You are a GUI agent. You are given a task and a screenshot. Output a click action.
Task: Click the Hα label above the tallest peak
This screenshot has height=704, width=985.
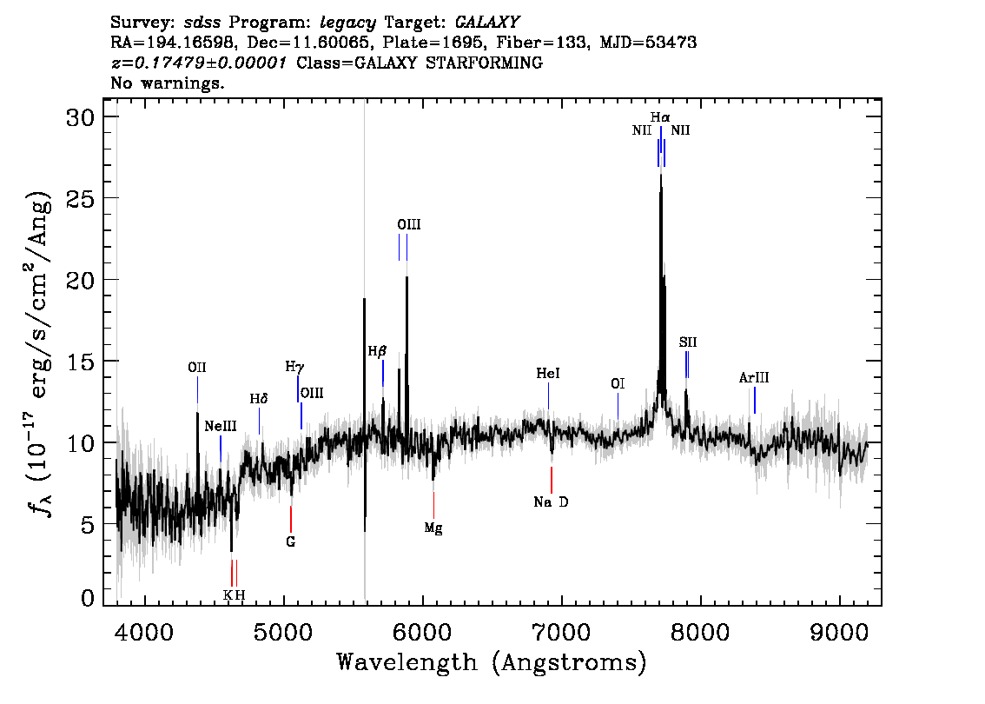tap(660, 117)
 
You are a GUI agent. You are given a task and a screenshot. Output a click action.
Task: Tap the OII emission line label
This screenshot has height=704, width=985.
tap(197, 368)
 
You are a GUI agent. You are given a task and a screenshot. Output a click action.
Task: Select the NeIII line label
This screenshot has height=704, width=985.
tap(221, 426)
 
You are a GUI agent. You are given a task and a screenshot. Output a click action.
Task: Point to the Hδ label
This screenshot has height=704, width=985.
tap(259, 399)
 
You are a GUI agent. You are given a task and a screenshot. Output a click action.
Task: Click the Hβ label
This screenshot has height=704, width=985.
tap(377, 351)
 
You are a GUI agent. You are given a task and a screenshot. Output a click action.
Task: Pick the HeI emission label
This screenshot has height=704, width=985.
tap(548, 374)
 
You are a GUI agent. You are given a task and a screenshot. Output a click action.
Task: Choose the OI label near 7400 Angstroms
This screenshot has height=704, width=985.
tap(618, 383)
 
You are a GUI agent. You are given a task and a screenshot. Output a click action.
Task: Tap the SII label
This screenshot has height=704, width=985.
tap(688, 342)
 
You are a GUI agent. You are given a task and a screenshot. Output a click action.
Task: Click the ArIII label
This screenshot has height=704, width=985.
tap(754, 378)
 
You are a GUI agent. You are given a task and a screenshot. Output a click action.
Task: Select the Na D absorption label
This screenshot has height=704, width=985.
tap(551, 502)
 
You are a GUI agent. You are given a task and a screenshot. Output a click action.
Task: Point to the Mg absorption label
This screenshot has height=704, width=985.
tap(433, 528)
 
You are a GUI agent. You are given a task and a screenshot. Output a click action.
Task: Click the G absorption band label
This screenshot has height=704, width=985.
tap(290, 541)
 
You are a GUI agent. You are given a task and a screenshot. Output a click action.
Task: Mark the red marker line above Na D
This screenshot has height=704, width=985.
tap(552, 481)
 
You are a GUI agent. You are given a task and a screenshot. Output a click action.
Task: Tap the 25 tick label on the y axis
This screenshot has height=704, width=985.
tap(81, 199)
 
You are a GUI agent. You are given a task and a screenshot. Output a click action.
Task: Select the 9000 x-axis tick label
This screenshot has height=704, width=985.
tap(839, 632)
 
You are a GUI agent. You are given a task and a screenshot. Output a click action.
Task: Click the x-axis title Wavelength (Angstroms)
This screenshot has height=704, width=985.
tap(492, 662)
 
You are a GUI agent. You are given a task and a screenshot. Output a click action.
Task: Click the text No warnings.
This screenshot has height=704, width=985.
tap(167, 83)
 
